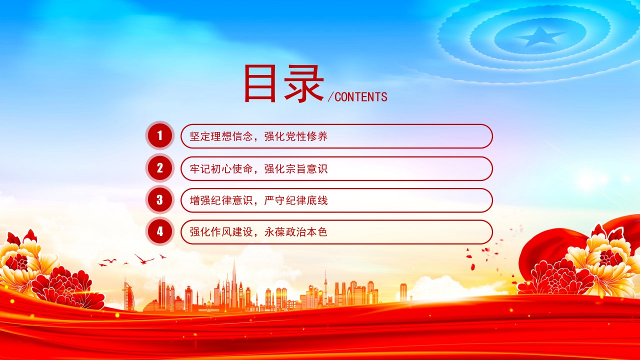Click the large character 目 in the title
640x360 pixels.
260,83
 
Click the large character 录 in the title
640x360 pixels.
303,83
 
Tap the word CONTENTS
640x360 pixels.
361,97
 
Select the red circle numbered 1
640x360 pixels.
160,135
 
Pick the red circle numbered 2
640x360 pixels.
160,168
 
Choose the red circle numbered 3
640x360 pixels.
160,200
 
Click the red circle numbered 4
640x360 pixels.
160,231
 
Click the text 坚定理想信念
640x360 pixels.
221,136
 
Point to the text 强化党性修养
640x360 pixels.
295,136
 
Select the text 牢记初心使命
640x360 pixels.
221,169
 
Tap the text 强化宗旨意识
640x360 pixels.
295,169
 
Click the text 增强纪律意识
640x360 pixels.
221,200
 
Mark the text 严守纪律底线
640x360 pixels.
295,200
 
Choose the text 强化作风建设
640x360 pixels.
221,231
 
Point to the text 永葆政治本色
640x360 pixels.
295,231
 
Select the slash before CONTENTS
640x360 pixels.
330,97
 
